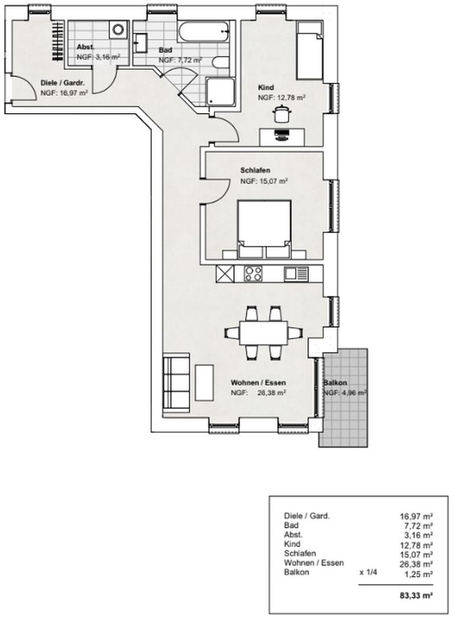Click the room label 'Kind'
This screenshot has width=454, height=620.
coord(266,87)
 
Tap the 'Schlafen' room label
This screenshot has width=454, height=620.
coord(255,170)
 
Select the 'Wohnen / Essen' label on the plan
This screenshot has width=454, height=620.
coord(258,382)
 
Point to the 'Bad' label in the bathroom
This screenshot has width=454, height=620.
coord(165,49)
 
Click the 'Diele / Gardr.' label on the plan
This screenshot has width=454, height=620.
coord(63,83)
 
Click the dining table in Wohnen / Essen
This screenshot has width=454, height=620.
coord(263,333)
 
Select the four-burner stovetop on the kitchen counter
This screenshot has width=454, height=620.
coord(253,274)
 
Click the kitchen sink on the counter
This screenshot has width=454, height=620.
coord(296,274)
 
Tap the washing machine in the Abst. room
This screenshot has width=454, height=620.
coord(118,29)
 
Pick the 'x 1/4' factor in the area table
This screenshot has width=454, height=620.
coord(369,572)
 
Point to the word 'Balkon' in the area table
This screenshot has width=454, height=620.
coord(296,572)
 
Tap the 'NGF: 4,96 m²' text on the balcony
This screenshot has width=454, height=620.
coord(344,392)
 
